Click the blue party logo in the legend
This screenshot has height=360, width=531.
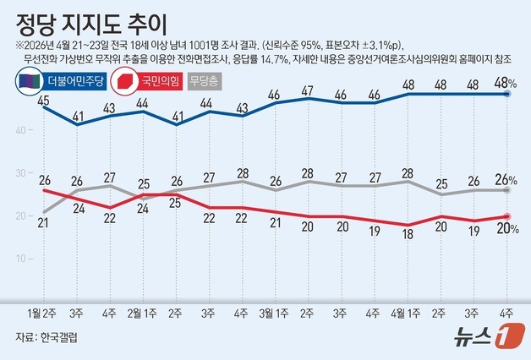point(25,83)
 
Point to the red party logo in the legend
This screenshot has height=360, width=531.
point(124,83)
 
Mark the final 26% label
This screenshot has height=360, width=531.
point(506,180)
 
